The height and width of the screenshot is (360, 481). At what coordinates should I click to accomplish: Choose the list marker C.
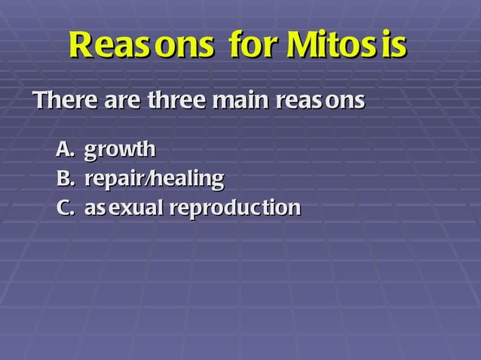click(66, 208)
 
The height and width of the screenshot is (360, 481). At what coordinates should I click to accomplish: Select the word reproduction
click(235, 209)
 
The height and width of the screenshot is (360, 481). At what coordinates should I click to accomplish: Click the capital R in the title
click(81, 45)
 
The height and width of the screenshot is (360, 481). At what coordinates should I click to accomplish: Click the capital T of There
click(41, 100)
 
